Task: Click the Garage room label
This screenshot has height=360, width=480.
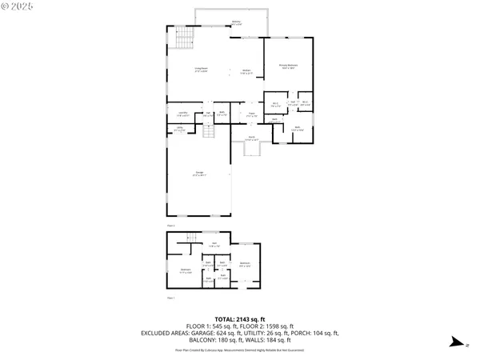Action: pyautogui.click(x=199, y=174)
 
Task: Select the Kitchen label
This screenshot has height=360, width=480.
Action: pyautogui.click(x=246, y=71)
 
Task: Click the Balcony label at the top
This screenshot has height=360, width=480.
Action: pyautogui.click(x=236, y=22)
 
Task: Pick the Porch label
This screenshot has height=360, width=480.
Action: pyautogui.click(x=250, y=139)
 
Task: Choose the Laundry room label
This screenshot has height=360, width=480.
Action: pyautogui.click(x=182, y=114)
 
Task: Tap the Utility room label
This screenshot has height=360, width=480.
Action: pyautogui.click(x=181, y=129)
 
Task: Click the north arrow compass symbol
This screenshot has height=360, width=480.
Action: pyautogui.click(x=454, y=342)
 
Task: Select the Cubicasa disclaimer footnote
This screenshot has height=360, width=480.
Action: pyautogui.click(x=239, y=350)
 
